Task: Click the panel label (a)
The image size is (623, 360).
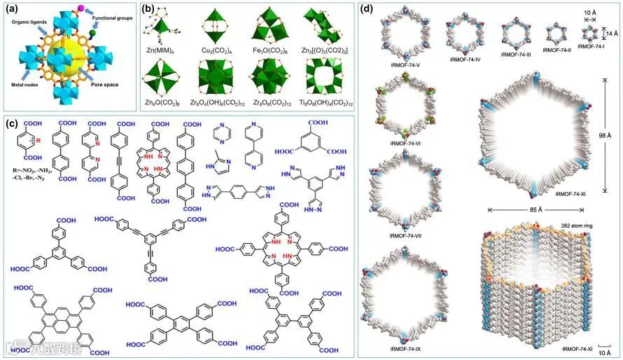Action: click(13, 11)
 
